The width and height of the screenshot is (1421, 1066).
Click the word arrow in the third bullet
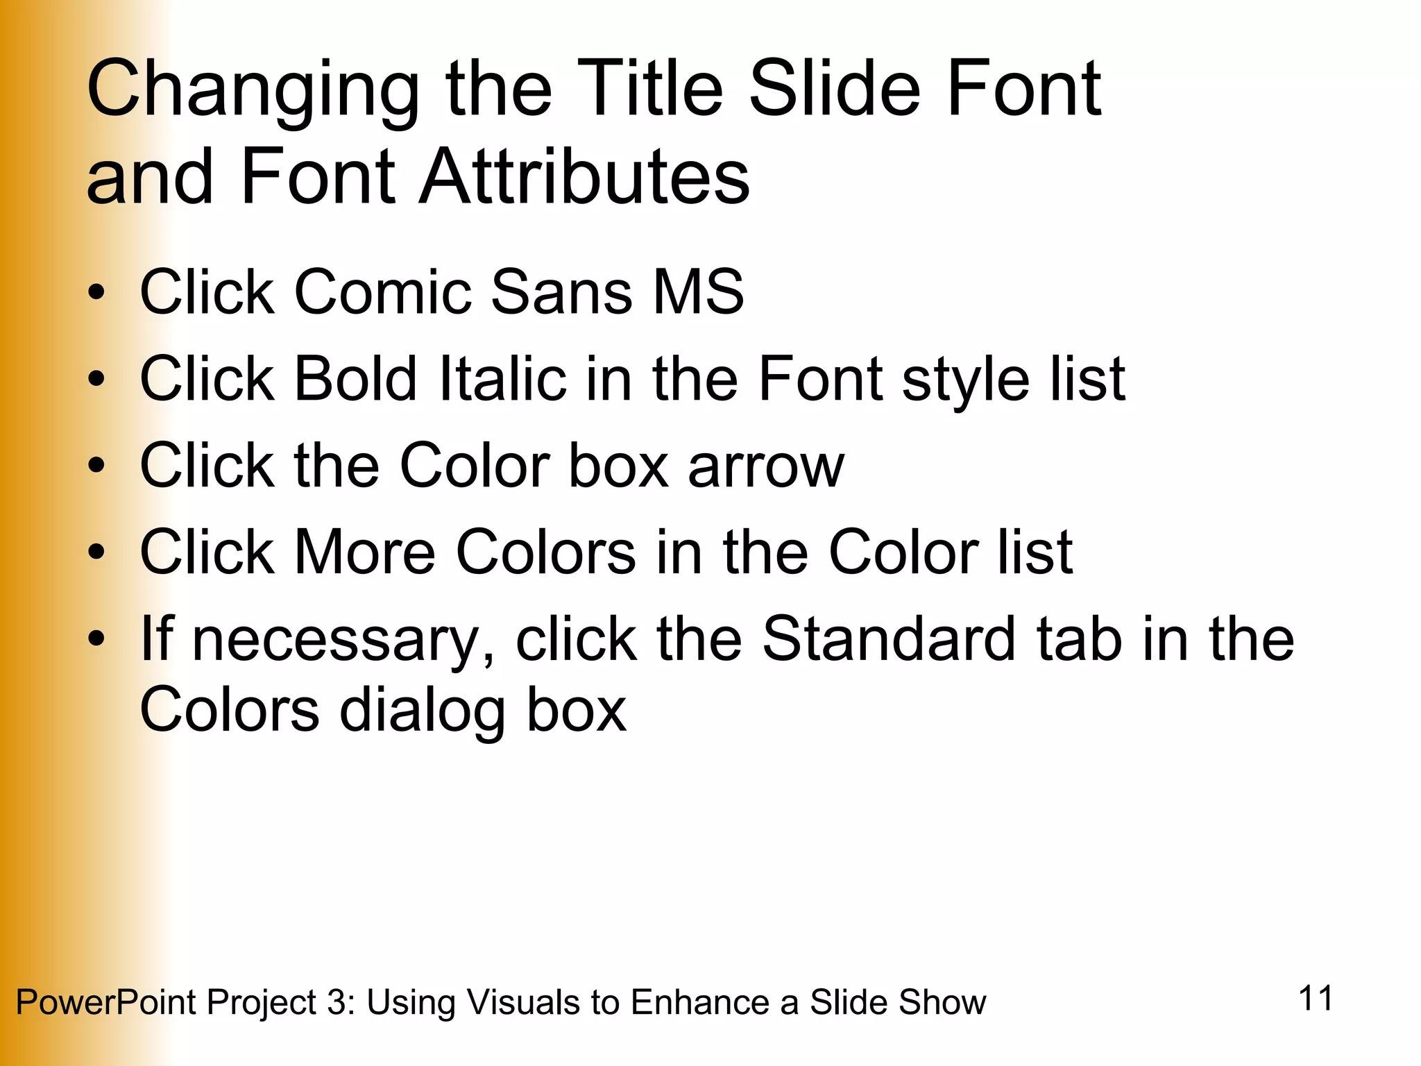point(766,467)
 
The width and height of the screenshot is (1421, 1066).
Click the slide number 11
point(1316,999)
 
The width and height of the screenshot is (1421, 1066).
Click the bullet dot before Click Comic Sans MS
point(96,292)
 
